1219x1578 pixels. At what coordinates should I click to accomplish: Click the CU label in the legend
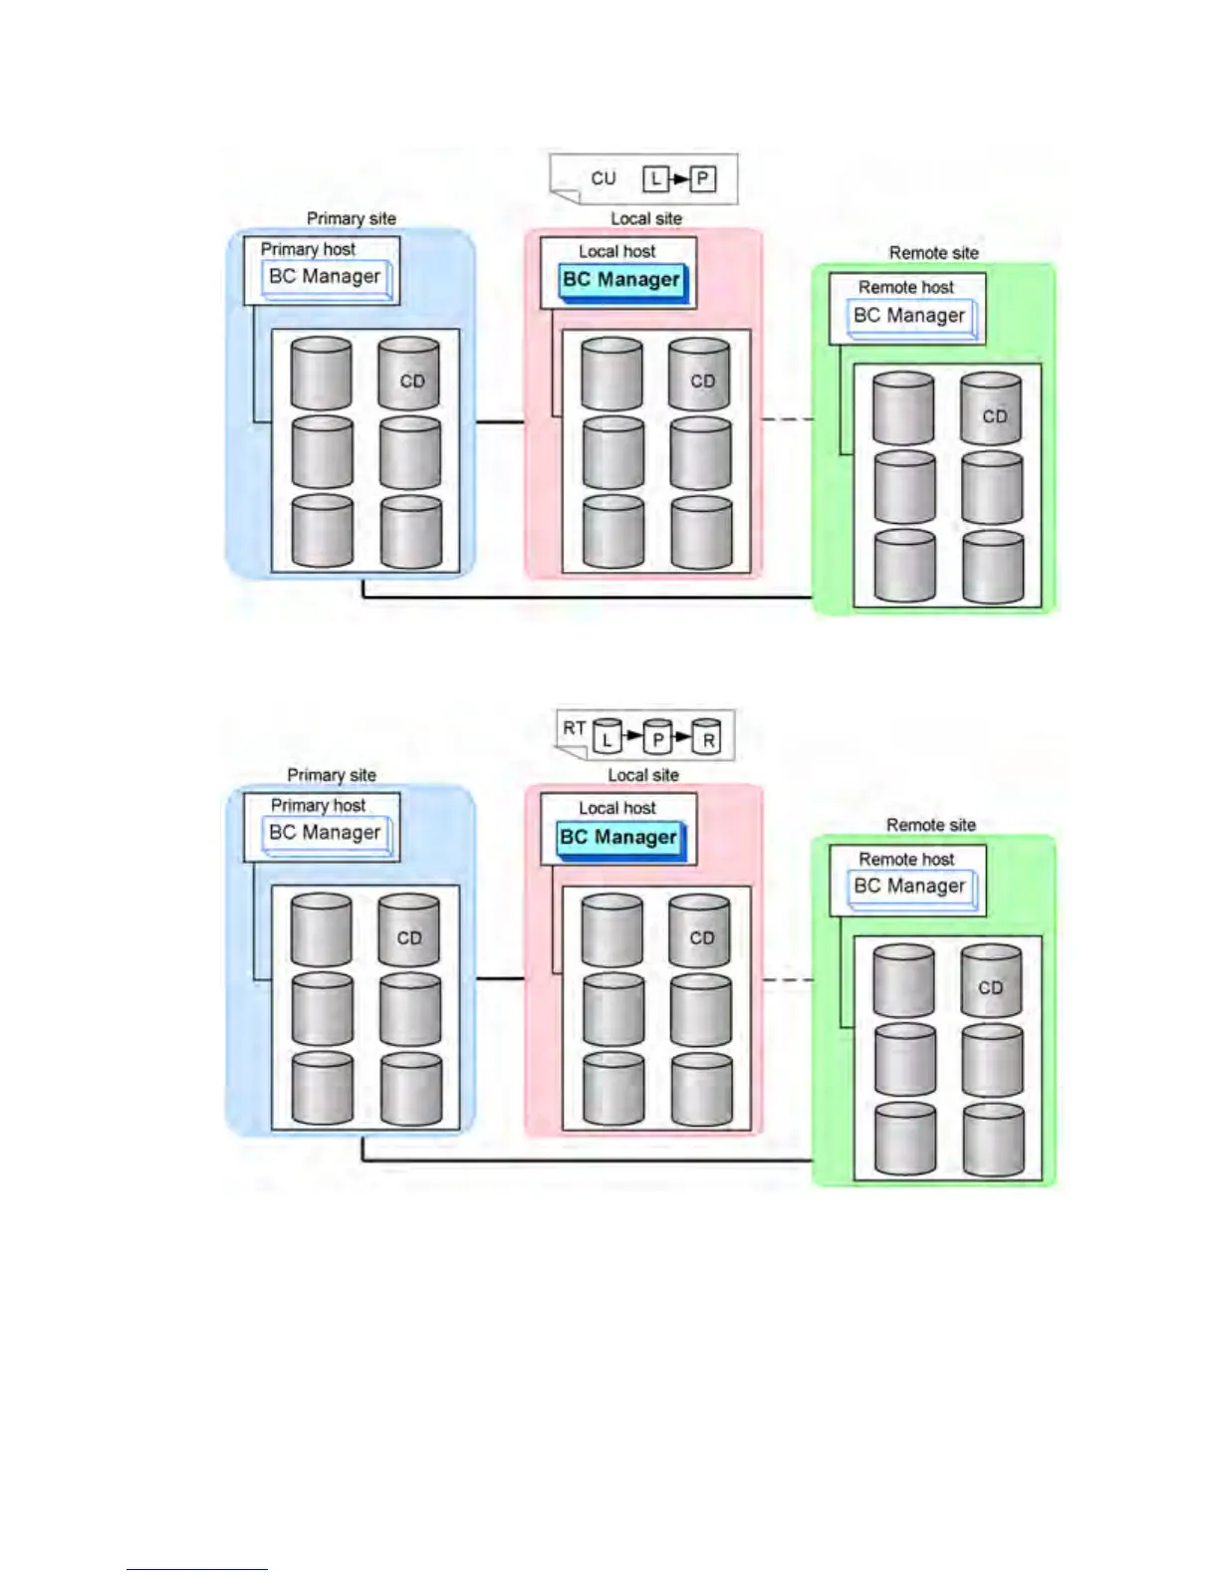pos(603,178)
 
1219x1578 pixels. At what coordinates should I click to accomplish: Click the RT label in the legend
pos(574,728)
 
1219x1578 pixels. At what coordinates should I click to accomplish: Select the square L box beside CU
pos(654,179)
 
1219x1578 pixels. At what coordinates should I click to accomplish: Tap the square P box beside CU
pos(703,179)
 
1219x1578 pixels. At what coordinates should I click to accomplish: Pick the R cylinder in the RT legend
pos(707,736)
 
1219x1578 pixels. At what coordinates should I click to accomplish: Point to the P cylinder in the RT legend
pos(657,736)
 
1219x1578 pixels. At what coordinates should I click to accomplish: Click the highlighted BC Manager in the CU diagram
pos(621,280)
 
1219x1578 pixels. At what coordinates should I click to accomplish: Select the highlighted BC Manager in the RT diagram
pos(618,837)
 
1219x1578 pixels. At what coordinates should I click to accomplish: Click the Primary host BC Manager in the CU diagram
pos(325,276)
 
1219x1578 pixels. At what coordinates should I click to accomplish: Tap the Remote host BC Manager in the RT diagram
pos(909,886)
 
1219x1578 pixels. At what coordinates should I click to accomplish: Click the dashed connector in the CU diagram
pos(788,419)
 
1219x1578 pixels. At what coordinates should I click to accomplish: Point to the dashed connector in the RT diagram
pos(788,980)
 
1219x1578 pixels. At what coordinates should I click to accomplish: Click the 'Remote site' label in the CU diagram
pos(933,253)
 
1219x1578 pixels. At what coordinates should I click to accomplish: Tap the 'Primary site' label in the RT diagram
pos(332,775)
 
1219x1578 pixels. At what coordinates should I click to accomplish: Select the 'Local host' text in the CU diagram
pos(617,251)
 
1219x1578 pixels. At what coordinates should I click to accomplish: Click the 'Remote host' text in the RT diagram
pos(906,859)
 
